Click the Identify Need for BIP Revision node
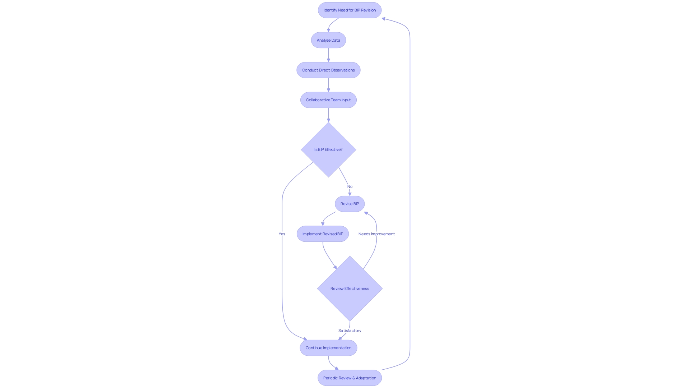tap(350, 10)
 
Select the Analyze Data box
tap(328, 40)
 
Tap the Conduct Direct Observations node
tap(328, 70)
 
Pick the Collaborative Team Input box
tap(328, 100)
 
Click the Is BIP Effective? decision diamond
tap(328, 149)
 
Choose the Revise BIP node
tap(350, 204)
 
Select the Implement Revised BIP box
tap(323, 234)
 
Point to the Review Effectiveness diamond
tap(350, 288)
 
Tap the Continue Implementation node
tap(328, 348)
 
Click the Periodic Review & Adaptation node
tap(350, 378)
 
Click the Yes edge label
tap(282, 234)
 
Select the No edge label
tap(350, 186)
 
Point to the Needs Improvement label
tap(376, 234)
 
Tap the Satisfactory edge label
tap(350, 331)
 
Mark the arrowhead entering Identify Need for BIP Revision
tap(384, 19)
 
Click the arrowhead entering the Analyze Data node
tap(328, 31)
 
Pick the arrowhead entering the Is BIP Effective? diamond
tap(328, 120)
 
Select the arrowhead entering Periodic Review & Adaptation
tap(337, 368)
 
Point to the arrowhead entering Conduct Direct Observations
tap(328, 60)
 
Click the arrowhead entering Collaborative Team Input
tap(328, 90)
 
